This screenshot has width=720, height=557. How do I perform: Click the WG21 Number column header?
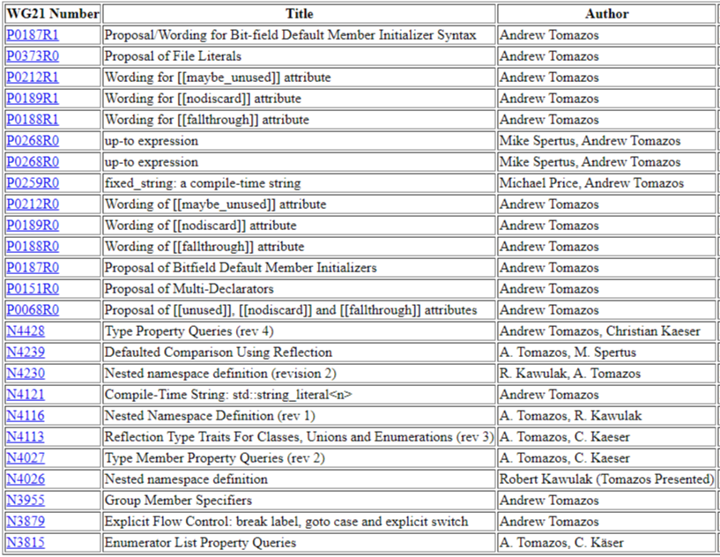click(x=52, y=14)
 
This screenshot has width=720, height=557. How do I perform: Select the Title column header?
click(x=299, y=14)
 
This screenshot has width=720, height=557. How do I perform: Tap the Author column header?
click(x=607, y=14)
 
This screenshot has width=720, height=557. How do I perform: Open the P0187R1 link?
click(x=33, y=35)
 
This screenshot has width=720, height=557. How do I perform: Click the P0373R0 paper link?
click(x=33, y=56)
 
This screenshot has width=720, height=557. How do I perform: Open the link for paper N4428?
click(x=25, y=331)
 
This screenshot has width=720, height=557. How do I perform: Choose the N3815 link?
click(x=25, y=543)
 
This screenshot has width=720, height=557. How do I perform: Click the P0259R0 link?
click(x=33, y=183)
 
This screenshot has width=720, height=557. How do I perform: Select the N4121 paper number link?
click(x=25, y=395)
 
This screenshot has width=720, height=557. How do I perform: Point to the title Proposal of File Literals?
click(x=167, y=56)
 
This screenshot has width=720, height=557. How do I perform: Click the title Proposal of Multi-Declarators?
click(x=189, y=289)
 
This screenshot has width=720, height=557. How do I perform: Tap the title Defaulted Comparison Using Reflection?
click(x=219, y=353)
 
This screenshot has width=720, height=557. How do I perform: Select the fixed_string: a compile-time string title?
click(x=203, y=183)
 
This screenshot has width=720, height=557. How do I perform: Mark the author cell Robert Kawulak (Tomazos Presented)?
click(x=606, y=479)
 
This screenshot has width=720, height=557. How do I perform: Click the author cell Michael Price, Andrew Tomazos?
click(x=591, y=183)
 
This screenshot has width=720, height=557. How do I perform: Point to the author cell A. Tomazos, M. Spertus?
click(x=568, y=353)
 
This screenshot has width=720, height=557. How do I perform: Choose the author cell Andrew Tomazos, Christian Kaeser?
click(x=600, y=331)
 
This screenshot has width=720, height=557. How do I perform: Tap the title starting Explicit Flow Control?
click(x=286, y=522)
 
